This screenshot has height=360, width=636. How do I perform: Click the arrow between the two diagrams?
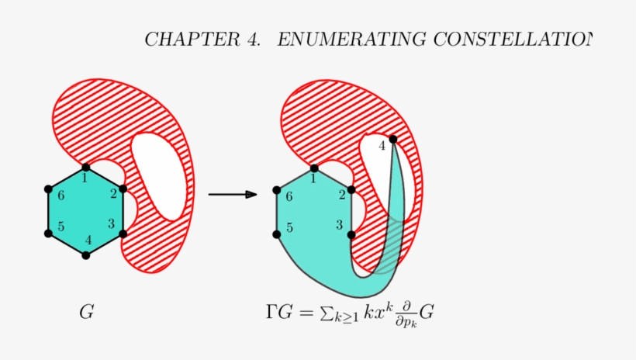233,194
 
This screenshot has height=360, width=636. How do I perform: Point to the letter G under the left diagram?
87,313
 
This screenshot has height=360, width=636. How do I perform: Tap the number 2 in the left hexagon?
113,194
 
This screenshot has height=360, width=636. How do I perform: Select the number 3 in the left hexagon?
111,224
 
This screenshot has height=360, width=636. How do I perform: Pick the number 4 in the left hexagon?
88,240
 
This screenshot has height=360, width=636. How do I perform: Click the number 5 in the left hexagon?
60,227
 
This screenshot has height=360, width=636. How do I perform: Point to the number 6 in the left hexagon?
60,195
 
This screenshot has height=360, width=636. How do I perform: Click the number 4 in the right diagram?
382,146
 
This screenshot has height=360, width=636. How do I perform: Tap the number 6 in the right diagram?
289,197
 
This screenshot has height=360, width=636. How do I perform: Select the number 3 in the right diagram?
339,225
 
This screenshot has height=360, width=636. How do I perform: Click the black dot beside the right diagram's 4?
393,140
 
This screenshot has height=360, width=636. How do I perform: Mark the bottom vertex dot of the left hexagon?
86,255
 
